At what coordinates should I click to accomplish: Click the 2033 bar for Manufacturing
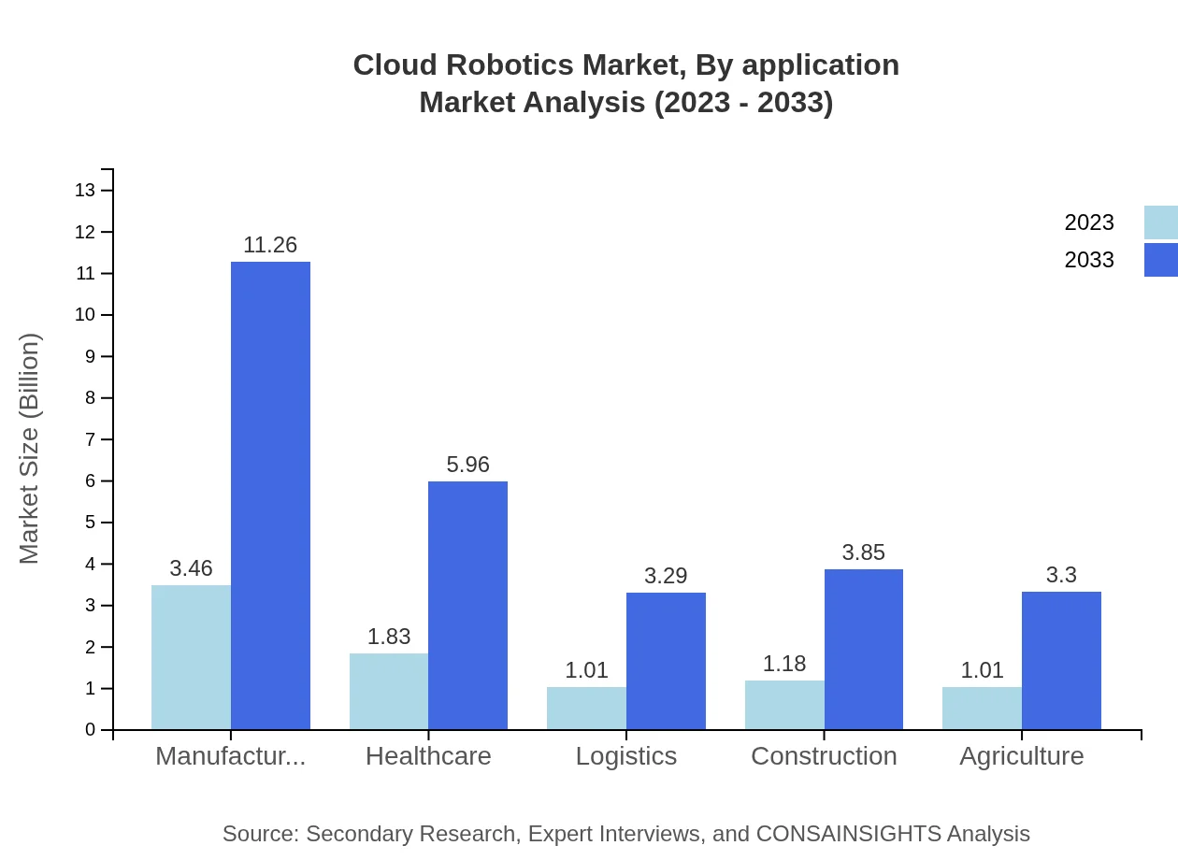click(270, 495)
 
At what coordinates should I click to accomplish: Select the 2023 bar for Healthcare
click(389, 691)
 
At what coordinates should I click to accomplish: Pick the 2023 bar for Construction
click(784, 705)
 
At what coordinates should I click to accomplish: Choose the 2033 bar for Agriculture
click(1061, 660)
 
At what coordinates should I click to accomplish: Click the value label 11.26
click(270, 245)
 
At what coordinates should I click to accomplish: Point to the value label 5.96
click(467, 465)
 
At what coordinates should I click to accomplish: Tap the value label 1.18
click(784, 664)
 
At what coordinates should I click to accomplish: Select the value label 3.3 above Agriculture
click(1061, 575)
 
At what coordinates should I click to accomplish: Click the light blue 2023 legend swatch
click(1160, 222)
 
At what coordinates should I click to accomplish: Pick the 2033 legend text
click(1089, 260)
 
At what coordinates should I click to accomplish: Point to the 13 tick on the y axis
click(85, 191)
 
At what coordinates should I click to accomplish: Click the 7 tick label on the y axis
click(90, 439)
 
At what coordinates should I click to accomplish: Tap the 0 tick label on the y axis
click(90, 730)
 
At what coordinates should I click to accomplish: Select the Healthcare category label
click(428, 755)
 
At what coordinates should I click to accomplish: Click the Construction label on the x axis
click(824, 755)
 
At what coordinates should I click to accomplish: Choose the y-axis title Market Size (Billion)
click(30, 449)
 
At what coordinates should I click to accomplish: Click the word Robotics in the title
click(511, 65)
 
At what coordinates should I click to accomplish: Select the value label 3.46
click(191, 568)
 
